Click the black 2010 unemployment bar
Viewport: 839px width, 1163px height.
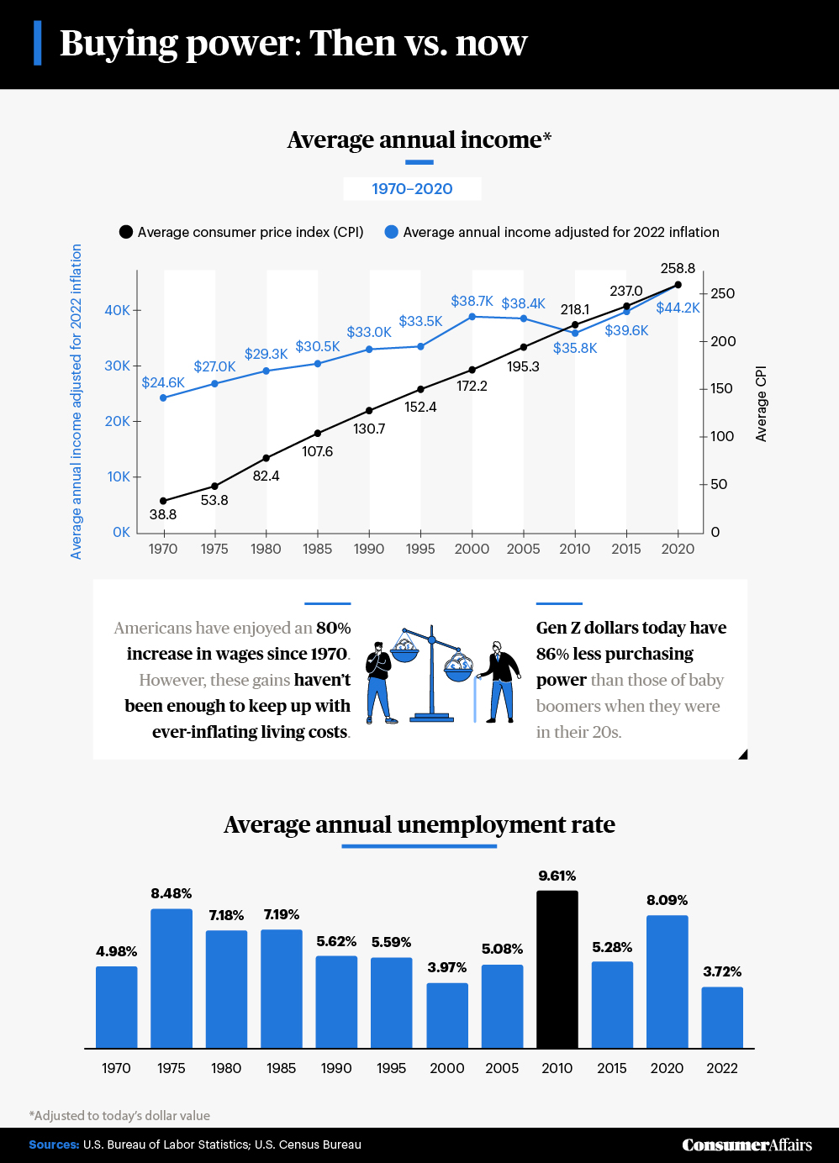(557, 969)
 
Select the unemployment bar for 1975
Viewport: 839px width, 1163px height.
(171, 978)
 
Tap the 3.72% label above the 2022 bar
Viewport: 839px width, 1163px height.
(722, 971)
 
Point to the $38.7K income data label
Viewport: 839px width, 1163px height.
(472, 301)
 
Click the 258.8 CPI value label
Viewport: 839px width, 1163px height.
(678, 268)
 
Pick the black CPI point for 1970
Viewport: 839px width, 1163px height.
(163, 501)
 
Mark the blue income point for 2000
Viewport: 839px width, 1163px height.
(472, 317)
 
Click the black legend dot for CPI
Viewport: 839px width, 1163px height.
(126, 232)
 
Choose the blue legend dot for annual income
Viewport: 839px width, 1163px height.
(391, 232)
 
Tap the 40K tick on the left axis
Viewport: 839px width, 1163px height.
(118, 310)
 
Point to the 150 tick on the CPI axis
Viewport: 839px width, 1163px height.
(721, 388)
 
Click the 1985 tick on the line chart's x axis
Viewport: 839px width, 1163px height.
(317, 549)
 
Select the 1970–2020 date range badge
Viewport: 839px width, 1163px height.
(412, 189)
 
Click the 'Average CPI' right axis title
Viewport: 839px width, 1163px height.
(761, 403)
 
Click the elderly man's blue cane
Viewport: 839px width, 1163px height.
(476, 699)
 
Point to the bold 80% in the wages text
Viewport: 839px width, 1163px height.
(334, 628)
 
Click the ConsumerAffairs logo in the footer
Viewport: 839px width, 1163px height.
(747, 1145)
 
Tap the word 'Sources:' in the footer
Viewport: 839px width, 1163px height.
(54, 1145)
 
